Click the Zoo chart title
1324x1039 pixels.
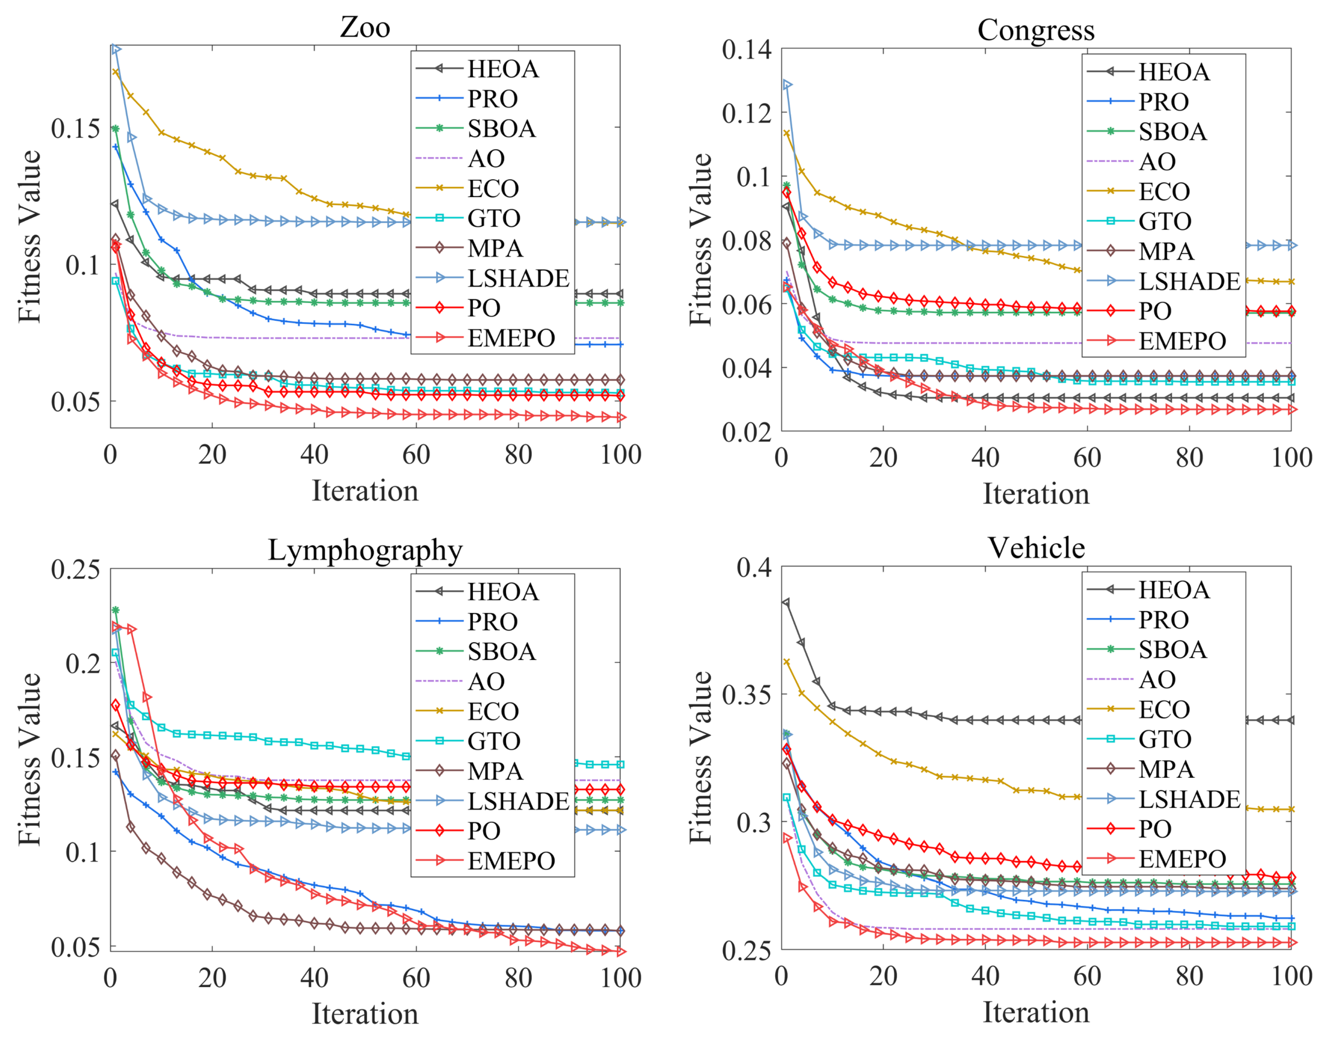[365, 27]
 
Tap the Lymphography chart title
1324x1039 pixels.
[365, 550]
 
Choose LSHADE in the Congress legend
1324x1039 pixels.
[1189, 281]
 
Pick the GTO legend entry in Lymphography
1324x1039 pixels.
[493, 741]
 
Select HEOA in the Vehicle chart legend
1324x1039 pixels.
[1174, 590]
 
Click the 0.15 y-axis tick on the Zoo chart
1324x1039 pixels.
[75, 128]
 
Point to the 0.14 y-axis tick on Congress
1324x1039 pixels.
[746, 49]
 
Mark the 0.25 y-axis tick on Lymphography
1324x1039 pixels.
[75, 569]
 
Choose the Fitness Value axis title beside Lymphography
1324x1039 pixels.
[29, 759]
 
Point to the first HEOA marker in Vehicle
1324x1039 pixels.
[786, 602]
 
